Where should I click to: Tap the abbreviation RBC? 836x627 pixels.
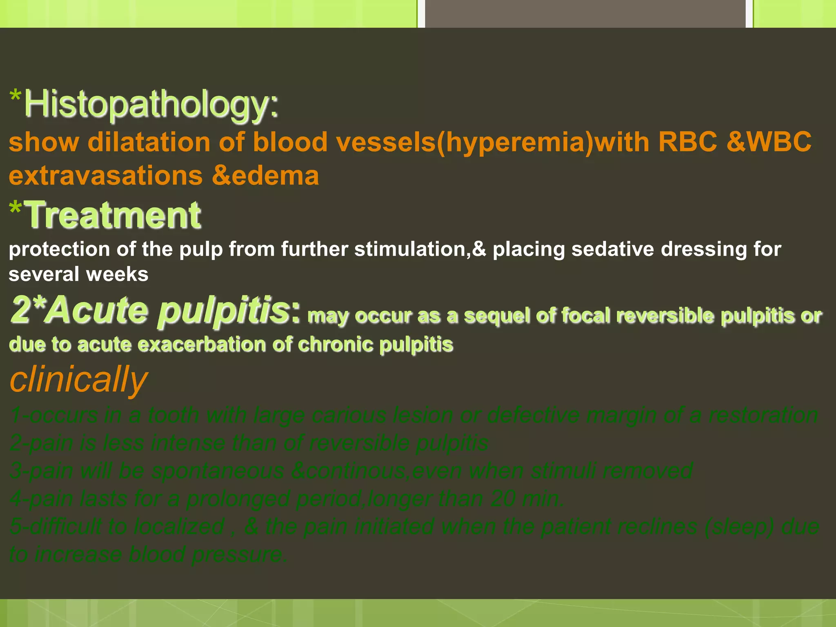[688, 142]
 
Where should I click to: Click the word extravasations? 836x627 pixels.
[106, 176]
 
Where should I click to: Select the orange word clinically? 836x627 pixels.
[78, 379]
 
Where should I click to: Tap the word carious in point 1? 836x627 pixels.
[357, 415]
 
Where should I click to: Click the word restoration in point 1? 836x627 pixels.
[763, 415]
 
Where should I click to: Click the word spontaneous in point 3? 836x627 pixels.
[218, 471]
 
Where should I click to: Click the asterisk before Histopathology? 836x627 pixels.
[16, 97]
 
